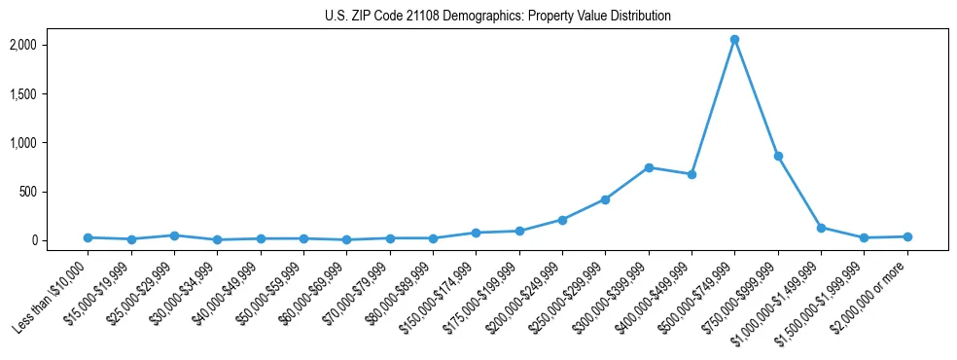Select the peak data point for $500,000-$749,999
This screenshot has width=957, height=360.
(x=734, y=40)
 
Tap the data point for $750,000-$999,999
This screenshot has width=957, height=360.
(x=778, y=156)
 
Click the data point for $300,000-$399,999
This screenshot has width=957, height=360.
(x=649, y=167)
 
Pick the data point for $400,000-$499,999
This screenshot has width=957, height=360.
(x=691, y=174)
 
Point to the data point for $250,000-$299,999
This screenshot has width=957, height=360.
(x=605, y=199)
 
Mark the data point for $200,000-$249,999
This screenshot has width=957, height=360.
(x=562, y=220)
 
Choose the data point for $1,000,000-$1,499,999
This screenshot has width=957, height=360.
(x=821, y=228)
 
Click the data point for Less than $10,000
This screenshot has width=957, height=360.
(x=88, y=237)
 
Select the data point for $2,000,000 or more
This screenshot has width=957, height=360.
(x=907, y=236)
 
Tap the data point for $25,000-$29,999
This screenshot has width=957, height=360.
(x=174, y=235)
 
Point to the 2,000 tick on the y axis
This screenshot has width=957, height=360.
(x=22, y=45)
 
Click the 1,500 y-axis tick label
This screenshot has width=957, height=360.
(x=22, y=94)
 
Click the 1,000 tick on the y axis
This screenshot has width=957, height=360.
(x=22, y=143)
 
